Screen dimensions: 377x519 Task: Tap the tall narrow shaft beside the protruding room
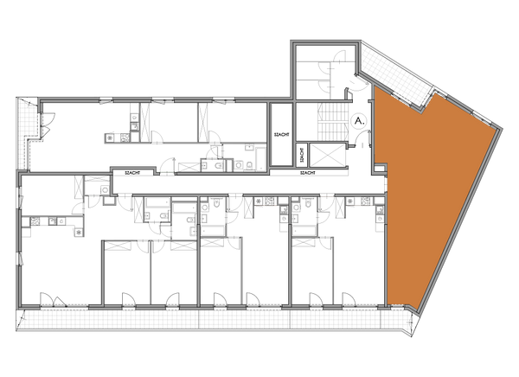click(280, 135)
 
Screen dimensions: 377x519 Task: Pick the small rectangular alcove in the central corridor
click(209, 162)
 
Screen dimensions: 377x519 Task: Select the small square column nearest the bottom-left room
click(109, 201)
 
